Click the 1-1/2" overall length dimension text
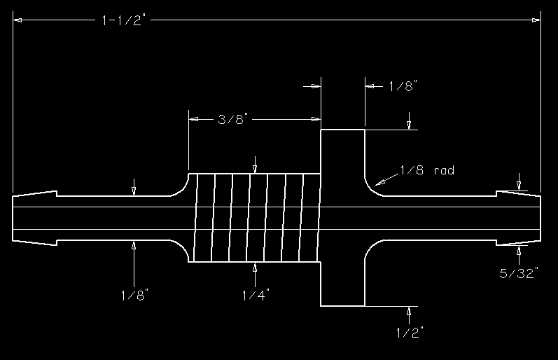pyautogui.click(x=123, y=21)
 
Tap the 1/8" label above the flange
pyautogui.click(x=403, y=86)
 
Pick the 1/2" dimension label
pyautogui.click(x=409, y=332)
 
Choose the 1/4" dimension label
pyautogui.click(x=255, y=294)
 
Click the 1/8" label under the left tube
pyautogui.click(x=134, y=294)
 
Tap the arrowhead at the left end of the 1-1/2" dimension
pyautogui.click(x=18, y=20)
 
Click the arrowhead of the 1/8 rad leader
pyautogui.click(x=379, y=182)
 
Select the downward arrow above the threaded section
pyautogui.click(x=255, y=168)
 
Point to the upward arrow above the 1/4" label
pyautogui.click(x=255, y=268)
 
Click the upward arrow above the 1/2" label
pyautogui.click(x=409, y=310)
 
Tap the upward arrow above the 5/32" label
pyautogui.click(x=519, y=249)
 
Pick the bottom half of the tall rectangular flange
pyautogui.click(x=342, y=280)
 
